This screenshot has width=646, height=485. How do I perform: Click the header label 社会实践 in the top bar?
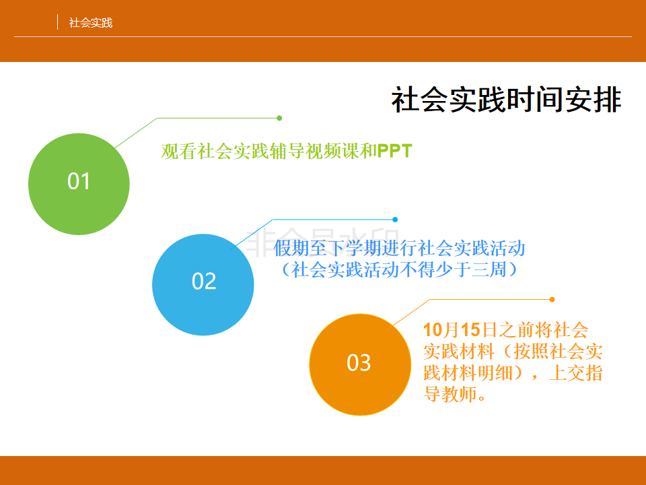91,23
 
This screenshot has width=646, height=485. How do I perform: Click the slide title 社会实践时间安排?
506,100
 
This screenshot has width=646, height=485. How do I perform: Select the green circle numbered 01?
79,184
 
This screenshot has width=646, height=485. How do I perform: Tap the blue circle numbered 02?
203,284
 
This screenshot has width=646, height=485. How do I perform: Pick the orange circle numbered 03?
360,364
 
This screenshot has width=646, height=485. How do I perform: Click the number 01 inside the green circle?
79,181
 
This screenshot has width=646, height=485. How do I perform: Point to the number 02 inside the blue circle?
204,282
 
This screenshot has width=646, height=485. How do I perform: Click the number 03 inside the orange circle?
359,363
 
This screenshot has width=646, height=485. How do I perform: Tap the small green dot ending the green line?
279,119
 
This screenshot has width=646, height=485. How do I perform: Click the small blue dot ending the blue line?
395,220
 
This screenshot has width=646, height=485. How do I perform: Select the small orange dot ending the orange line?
552,299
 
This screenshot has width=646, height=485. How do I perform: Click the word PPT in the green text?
395,151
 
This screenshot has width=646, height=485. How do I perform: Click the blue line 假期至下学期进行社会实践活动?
399,249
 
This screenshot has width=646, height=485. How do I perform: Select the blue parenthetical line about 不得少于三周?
399,269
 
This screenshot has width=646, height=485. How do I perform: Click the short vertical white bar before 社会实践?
57,22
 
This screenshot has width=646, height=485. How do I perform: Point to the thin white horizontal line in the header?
323,36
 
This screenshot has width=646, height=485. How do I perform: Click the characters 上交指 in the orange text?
576,373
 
